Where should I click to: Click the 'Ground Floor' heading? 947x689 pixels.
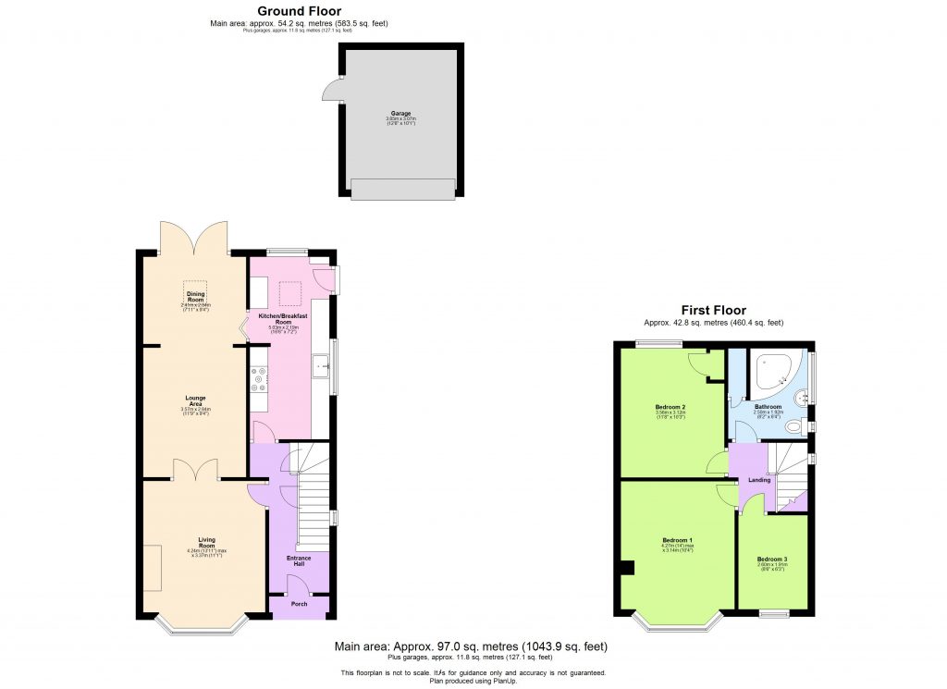point(292,11)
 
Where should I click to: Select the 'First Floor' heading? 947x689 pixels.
point(713,311)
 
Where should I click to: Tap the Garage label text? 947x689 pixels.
point(400,114)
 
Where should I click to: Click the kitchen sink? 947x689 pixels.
point(321,366)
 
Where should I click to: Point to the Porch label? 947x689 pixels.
point(299,604)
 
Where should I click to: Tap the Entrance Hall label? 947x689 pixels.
point(298,560)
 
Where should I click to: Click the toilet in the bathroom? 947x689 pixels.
point(792,426)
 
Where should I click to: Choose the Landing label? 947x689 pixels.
point(758,479)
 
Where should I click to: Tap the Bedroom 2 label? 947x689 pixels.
point(670,406)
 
